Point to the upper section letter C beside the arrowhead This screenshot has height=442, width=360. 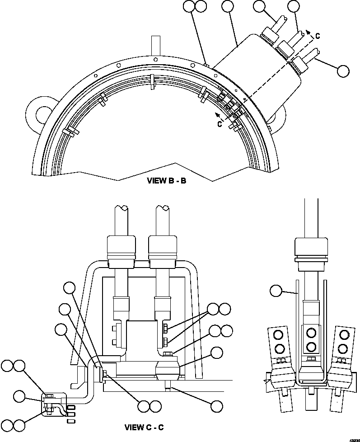(318, 36)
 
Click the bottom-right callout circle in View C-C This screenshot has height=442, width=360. (217, 405)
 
